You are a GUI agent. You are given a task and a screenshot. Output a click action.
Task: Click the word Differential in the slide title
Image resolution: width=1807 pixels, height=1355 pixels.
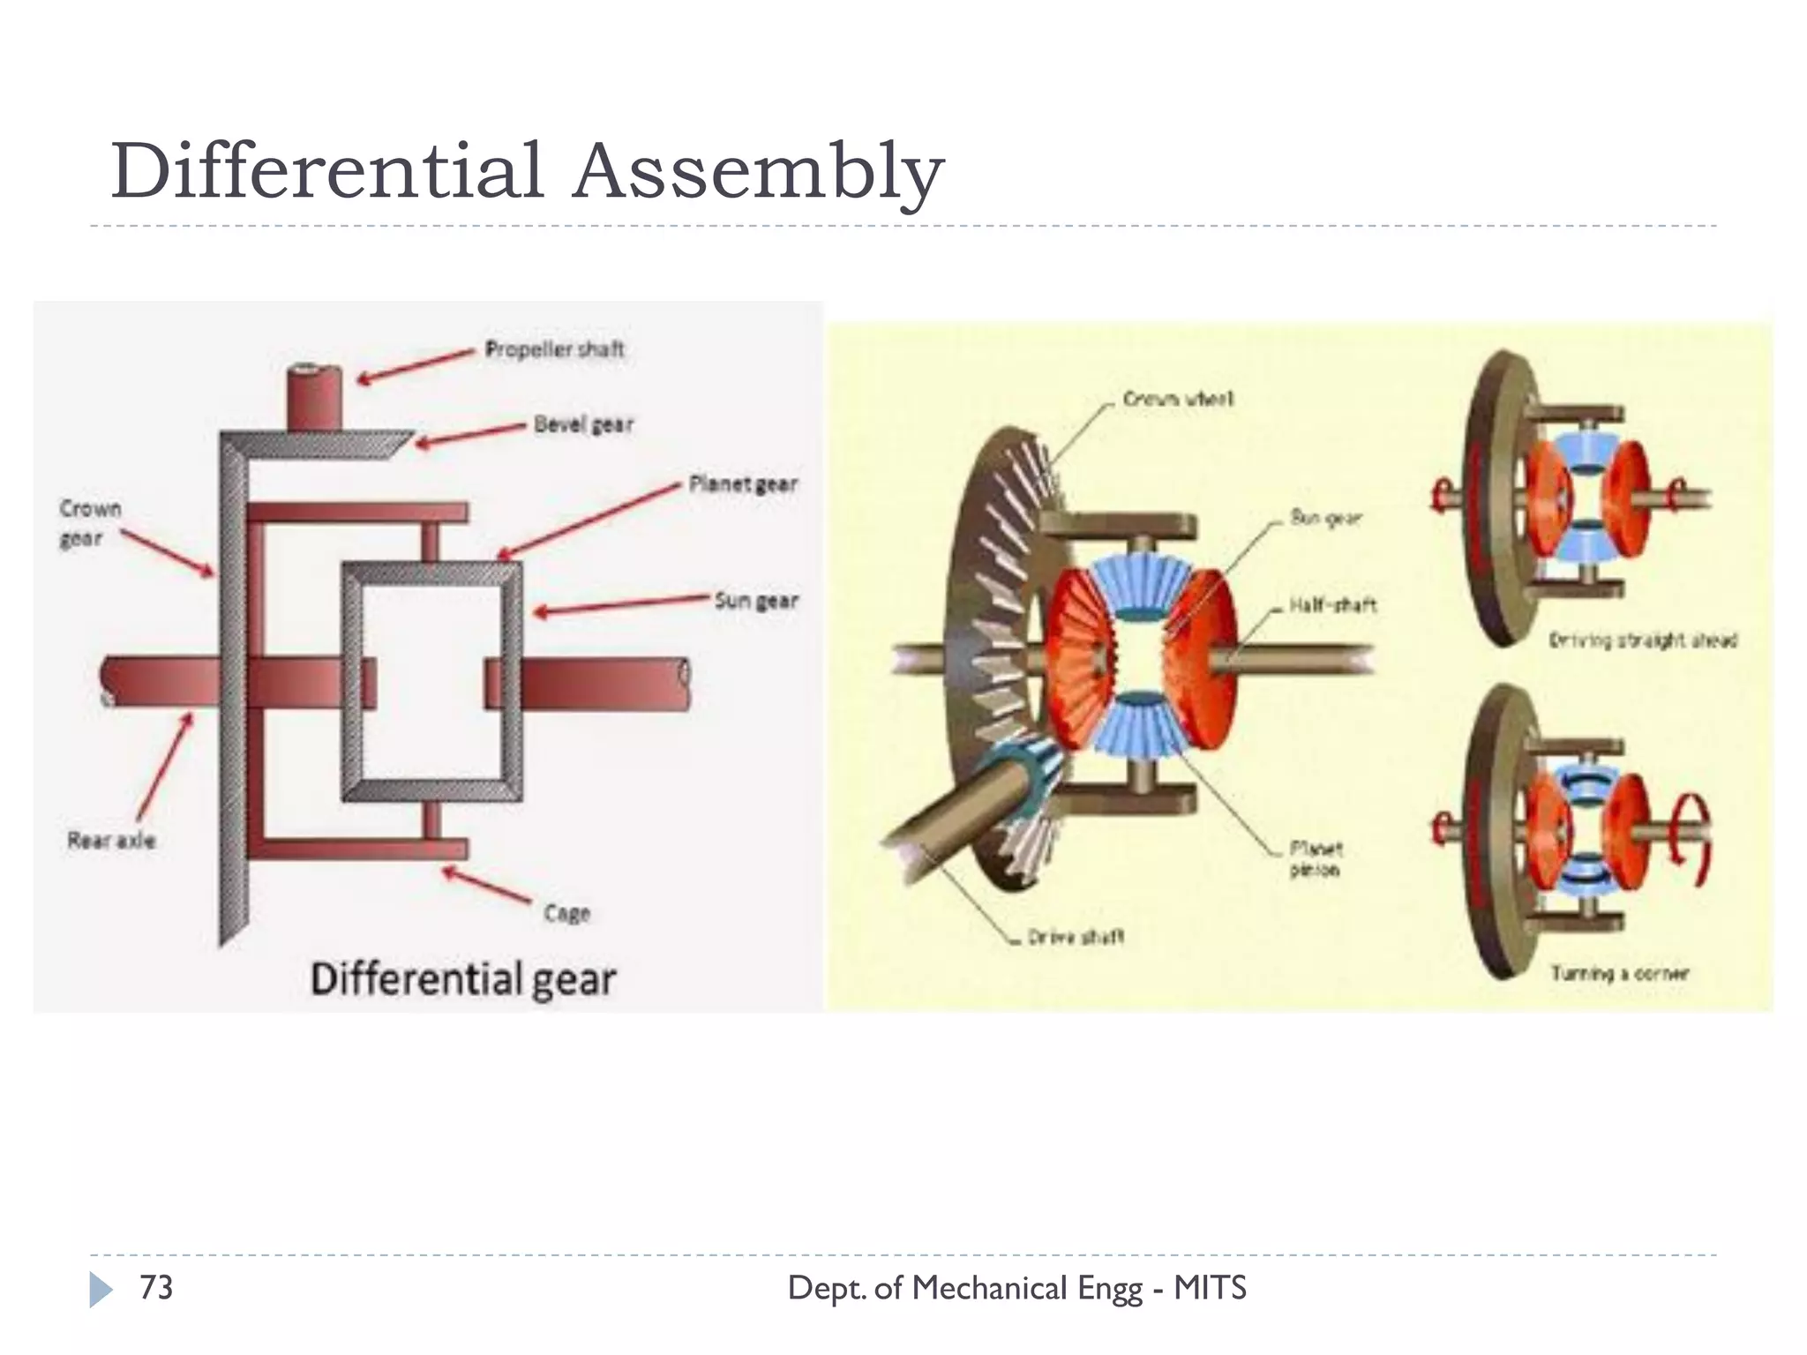click(x=326, y=171)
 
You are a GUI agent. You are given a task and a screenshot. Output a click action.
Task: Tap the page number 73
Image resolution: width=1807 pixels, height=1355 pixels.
click(x=156, y=1288)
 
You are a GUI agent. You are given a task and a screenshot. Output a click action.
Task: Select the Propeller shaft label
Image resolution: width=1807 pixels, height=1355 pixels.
click(x=554, y=349)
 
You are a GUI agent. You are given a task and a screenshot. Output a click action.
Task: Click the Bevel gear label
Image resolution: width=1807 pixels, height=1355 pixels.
click(x=583, y=424)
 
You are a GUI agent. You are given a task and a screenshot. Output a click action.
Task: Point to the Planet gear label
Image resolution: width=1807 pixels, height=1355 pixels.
click(x=743, y=483)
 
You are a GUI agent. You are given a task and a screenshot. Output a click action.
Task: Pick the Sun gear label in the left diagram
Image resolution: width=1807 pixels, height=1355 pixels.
click(x=755, y=601)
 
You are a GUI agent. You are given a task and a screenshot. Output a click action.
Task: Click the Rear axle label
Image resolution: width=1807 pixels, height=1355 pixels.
click(x=111, y=840)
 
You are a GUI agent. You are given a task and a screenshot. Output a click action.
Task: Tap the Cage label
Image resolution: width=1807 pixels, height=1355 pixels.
click(x=566, y=912)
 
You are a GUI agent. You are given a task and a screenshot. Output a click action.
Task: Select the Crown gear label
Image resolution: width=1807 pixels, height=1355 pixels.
click(x=89, y=523)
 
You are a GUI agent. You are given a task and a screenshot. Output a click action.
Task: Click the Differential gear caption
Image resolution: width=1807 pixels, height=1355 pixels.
click(x=463, y=979)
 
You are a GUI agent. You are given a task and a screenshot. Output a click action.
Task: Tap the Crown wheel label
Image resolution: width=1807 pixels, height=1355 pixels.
click(x=1178, y=400)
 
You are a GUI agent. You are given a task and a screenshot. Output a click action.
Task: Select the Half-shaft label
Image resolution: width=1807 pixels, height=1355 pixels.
click(x=1332, y=605)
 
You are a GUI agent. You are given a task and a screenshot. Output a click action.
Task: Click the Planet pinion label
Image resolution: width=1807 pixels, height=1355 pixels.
click(x=1316, y=858)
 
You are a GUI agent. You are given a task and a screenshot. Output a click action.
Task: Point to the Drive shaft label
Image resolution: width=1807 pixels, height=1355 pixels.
click(x=1076, y=937)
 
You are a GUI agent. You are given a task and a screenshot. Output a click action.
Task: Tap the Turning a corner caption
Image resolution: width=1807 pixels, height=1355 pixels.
click(x=1620, y=973)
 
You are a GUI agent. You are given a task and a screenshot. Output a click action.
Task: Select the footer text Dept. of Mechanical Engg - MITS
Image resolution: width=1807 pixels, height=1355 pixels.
click(x=1016, y=1288)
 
